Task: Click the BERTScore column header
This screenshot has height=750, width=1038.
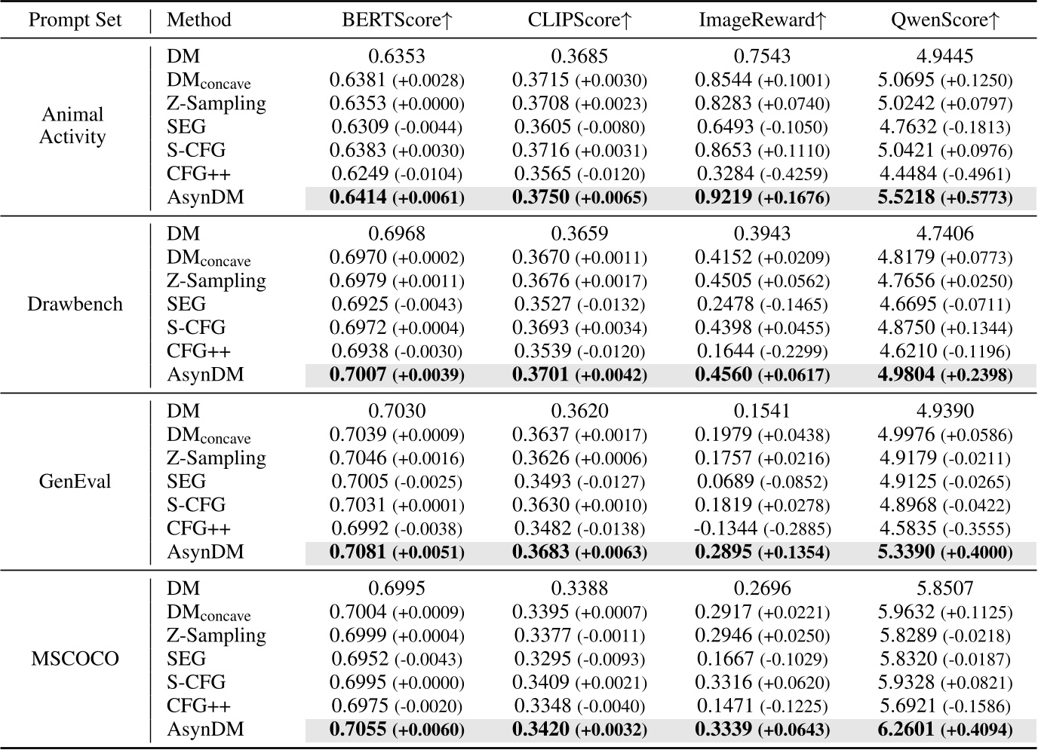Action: pyautogui.click(x=396, y=20)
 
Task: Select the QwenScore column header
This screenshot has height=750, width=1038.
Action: pyautogui.click(x=944, y=20)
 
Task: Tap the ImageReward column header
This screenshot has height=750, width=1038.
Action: pyautogui.click(x=762, y=20)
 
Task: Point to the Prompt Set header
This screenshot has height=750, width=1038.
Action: pyautogui.click(x=75, y=20)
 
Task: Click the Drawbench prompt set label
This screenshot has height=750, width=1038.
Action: pyautogui.click(x=75, y=305)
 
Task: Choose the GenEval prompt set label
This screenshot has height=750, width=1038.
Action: pyautogui.click(x=75, y=482)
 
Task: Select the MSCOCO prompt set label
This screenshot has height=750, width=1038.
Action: pyautogui.click(x=75, y=659)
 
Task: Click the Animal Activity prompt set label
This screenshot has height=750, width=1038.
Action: pyautogui.click(x=72, y=126)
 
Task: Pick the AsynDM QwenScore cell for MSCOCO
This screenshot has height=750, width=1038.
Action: pyautogui.click(x=944, y=730)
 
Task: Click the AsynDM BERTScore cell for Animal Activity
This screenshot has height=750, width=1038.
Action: pyautogui.click(x=396, y=197)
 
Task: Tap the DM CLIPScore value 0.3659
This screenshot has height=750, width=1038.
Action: pyautogui.click(x=579, y=234)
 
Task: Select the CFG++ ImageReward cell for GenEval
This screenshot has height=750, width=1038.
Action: pyautogui.click(x=762, y=528)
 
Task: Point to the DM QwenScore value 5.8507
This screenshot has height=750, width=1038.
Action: pyautogui.click(x=944, y=588)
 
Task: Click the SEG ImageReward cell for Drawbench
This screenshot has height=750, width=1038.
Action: pyautogui.click(x=762, y=305)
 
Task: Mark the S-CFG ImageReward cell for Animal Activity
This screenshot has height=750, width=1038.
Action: pyautogui.click(x=762, y=151)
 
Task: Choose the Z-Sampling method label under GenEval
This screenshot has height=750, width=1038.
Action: pyautogui.click(x=216, y=458)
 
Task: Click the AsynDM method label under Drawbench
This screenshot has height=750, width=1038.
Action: pyautogui.click(x=205, y=375)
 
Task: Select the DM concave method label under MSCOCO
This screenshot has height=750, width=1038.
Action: pyautogui.click(x=208, y=613)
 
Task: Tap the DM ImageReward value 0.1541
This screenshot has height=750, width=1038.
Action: pyautogui.click(x=762, y=411)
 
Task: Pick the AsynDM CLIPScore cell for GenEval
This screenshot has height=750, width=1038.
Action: pyautogui.click(x=579, y=553)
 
